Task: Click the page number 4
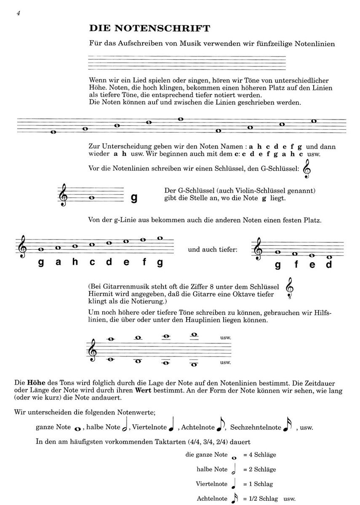click(x=19, y=13)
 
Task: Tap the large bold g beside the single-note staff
click(x=134, y=198)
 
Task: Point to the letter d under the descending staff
click(x=329, y=265)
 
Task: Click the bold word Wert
click(x=143, y=391)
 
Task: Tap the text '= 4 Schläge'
click(x=259, y=455)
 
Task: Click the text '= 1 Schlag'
click(x=258, y=484)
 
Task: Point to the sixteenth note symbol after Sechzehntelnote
click(x=288, y=426)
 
